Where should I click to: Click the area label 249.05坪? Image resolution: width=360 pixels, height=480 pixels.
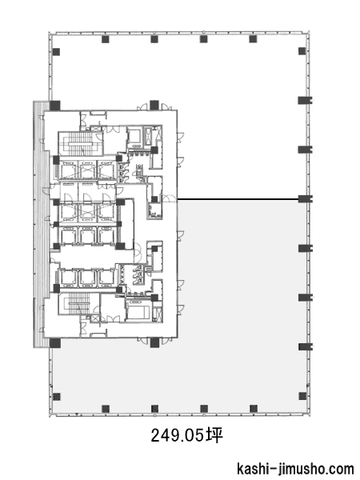186,435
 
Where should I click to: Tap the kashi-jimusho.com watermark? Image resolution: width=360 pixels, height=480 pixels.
295,469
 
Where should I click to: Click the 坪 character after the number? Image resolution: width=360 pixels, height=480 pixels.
214,435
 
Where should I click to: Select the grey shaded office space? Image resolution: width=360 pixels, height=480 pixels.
242,306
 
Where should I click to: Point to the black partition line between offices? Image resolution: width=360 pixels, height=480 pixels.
238,200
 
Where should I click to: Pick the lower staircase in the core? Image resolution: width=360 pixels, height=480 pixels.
79,303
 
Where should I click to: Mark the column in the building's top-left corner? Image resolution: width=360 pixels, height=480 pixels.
56,52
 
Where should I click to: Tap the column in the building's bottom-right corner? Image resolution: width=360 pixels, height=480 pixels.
302,396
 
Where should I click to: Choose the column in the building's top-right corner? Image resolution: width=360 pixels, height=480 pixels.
302,51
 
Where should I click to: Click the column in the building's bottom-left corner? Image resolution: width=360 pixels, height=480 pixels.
56,397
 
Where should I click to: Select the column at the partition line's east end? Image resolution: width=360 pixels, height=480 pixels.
305,199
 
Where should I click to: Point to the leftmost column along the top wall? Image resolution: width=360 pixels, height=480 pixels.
106,39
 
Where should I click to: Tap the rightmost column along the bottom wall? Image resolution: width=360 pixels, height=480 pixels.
254,408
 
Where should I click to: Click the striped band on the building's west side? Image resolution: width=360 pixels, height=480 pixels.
42,224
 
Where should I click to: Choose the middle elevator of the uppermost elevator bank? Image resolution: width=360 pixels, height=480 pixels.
87,170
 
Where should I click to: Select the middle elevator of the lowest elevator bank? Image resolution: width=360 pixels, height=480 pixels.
87,277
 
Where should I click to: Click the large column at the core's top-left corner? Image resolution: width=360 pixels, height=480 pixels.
54,106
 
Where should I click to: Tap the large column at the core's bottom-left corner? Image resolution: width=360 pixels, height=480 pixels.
55,343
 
